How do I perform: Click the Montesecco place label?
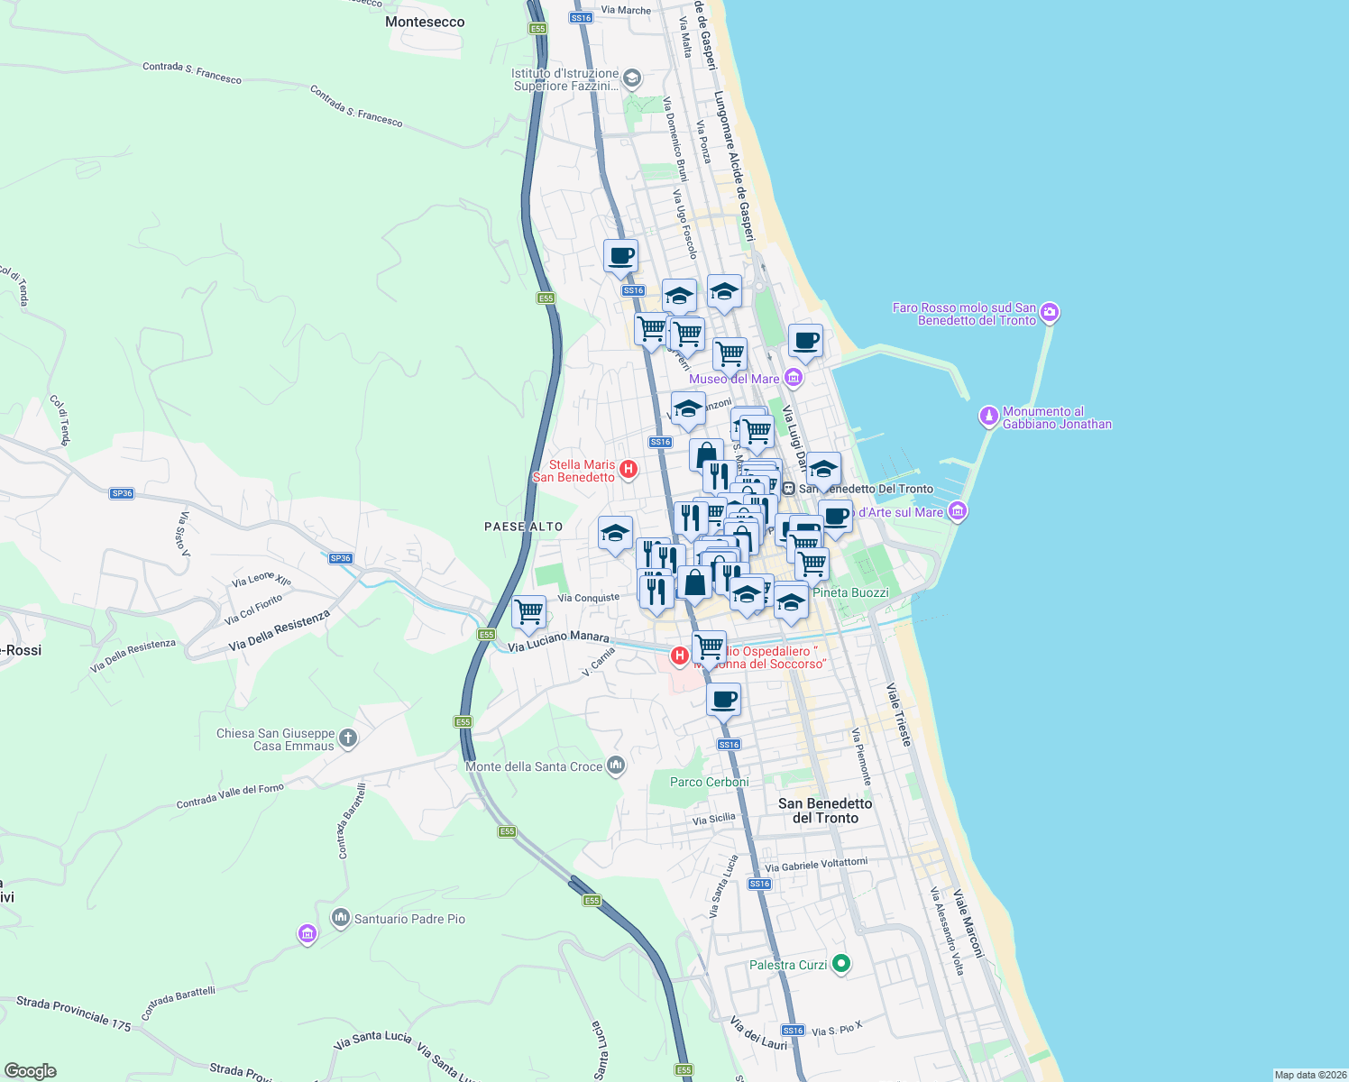(x=425, y=22)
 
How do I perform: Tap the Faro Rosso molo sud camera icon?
(x=1049, y=313)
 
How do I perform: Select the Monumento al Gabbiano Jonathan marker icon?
(x=989, y=417)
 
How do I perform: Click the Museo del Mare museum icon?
(x=793, y=378)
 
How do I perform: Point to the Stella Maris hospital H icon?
(x=629, y=470)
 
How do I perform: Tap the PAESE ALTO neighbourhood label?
(x=523, y=527)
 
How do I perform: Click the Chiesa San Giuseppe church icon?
(x=348, y=738)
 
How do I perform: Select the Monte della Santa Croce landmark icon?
(x=616, y=766)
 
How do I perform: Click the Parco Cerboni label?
(x=709, y=782)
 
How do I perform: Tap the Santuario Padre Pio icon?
(x=340, y=918)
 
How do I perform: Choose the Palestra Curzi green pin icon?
(x=840, y=964)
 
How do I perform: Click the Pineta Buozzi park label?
(x=850, y=592)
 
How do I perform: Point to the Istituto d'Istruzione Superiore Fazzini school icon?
(x=632, y=78)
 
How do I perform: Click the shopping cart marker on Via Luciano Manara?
(x=528, y=612)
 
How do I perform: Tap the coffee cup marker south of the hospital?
(x=723, y=699)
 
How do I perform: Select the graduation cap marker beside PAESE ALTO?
(x=615, y=533)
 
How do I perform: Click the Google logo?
(x=31, y=1070)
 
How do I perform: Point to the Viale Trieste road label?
(x=899, y=714)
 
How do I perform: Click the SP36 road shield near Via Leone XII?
(x=340, y=558)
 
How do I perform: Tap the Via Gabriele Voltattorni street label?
(x=816, y=865)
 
